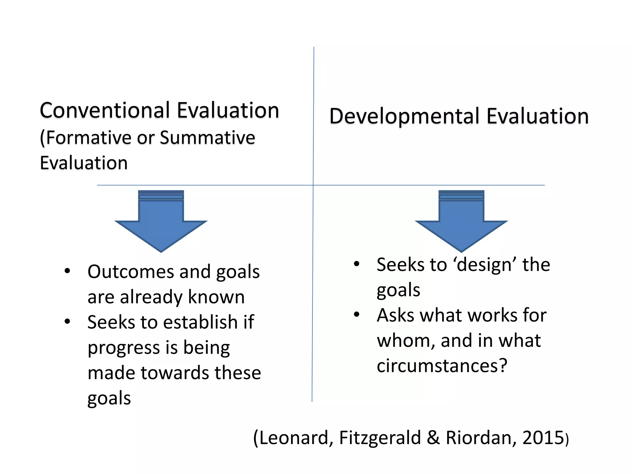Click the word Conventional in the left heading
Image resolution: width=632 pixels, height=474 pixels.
point(105,110)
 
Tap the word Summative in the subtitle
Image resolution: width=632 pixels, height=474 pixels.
point(207,138)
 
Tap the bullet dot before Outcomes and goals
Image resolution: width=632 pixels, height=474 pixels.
point(67,271)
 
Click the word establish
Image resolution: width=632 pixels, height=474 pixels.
point(200,322)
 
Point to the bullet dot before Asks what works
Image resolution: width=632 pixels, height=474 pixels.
point(357,314)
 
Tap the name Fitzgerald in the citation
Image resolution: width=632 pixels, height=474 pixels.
point(380,438)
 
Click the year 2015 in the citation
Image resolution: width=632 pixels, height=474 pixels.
point(543,438)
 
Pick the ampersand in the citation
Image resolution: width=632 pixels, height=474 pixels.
point(433,438)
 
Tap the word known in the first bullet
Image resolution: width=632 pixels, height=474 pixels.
point(216,297)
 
